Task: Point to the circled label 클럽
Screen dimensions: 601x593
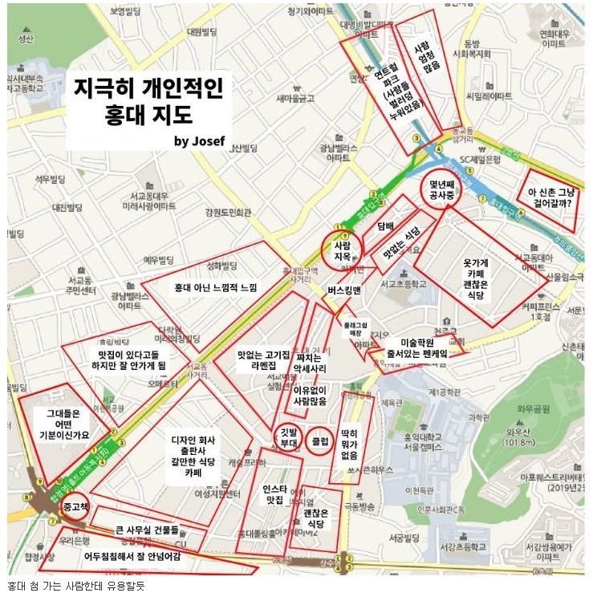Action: [x=320, y=441]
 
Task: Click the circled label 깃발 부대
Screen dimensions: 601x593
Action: [x=287, y=437]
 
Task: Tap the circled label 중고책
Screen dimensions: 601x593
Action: [x=79, y=507]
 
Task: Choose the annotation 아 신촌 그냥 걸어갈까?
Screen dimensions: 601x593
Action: [x=550, y=197]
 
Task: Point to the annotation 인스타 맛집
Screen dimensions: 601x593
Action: [x=274, y=493]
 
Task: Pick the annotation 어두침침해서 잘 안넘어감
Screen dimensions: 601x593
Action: [x=134, y=555]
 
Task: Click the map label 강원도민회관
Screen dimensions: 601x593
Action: [x=228, y=213]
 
